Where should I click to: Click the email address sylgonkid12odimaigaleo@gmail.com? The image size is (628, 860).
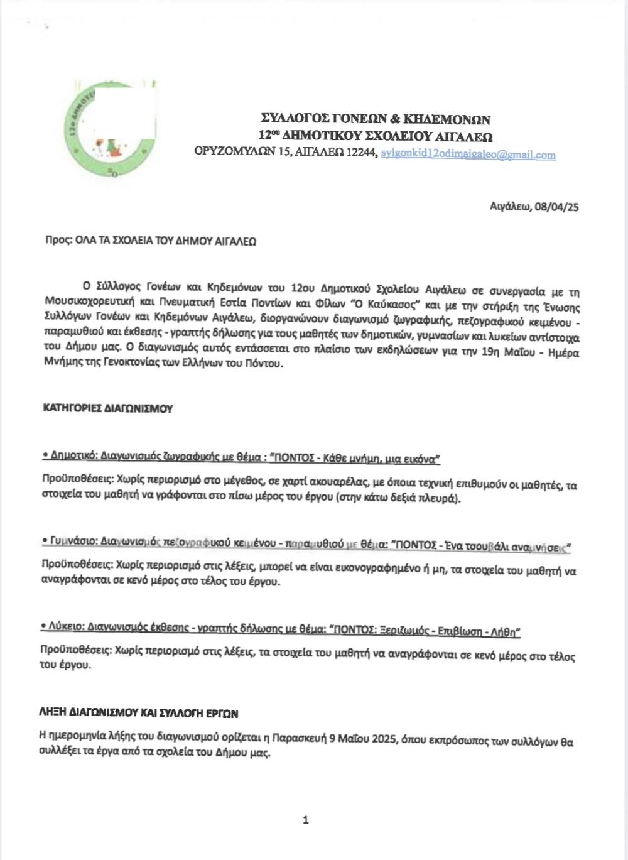(468, 155)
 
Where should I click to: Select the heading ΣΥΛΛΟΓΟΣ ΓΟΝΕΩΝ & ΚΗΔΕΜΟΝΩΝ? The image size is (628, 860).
(376, 119)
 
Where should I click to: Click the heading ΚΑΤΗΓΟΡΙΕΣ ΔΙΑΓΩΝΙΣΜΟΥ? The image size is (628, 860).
(107, 408)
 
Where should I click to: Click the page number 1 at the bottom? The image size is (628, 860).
(306, 819)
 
